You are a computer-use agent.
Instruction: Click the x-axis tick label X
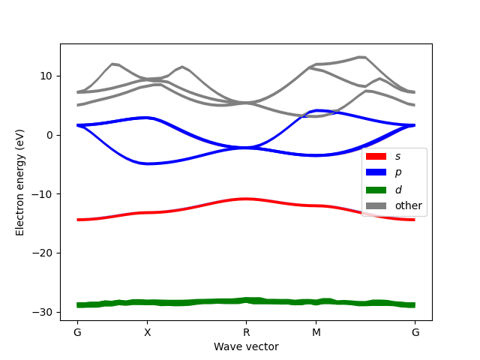[x=148, y=332]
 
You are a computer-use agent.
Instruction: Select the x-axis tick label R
[x=246, y=332]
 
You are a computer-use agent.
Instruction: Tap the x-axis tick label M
[x=316, y=332]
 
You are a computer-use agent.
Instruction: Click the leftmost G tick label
[x=77, y=332]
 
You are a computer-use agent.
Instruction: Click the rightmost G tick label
[x=415, y=332]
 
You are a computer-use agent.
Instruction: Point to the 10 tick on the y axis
[x=46, y=76]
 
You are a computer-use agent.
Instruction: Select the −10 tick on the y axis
[x=43, y=194]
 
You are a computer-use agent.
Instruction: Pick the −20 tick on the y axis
[x=43, y=253]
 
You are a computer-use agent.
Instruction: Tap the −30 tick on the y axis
[x=43, y=312]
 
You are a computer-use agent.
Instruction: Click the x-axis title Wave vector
[x=246, y=346]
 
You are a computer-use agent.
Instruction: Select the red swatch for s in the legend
[x=375, y=156]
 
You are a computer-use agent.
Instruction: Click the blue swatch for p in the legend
[x=375, y=172]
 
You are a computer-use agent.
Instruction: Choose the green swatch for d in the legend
[x=375, y=189]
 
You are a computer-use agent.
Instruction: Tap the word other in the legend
[x=409, y=205]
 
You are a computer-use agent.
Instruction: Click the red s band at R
[x=246, y=199]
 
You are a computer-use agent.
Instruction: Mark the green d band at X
[x=148, y=302]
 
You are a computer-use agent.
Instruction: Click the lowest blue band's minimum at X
[x=148, y=163]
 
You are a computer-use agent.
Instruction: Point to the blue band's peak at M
[x=318, y=110]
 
